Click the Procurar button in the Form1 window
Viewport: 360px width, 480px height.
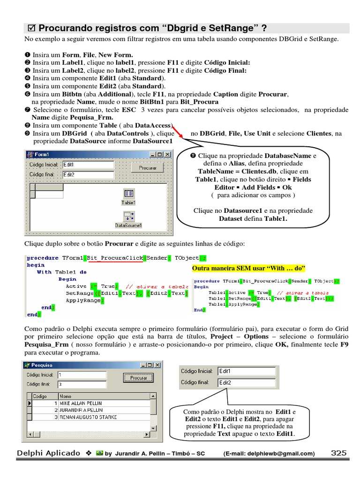click(147, 167)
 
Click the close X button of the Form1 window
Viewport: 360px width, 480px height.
click(167, 154)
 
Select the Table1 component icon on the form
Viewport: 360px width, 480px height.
click(128, 194)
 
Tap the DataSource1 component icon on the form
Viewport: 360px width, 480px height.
click(128, 217)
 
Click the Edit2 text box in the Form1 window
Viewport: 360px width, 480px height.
click(88, 174)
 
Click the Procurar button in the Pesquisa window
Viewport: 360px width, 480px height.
click(138, 377)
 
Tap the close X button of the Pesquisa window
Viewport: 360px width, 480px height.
click(157, 365)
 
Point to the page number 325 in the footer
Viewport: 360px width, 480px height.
click(338, 453)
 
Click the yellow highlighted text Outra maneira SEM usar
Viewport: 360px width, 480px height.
click(248, 268)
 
